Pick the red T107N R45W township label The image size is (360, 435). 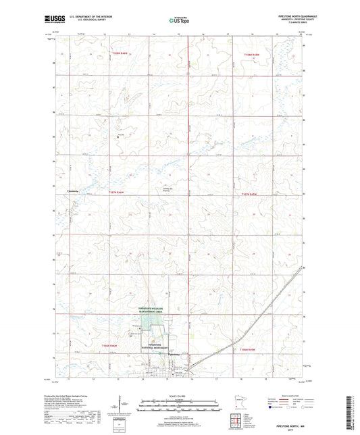(x=249, y=193)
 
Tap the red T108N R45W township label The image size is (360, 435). (x=248, y=51)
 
